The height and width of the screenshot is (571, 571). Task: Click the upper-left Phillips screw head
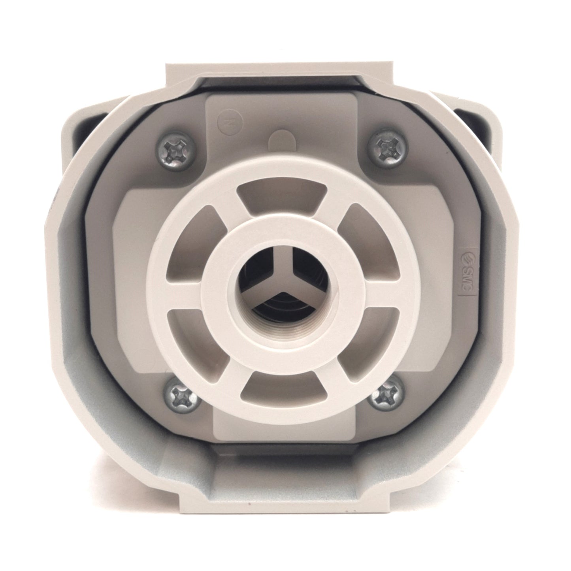[177, 150]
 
